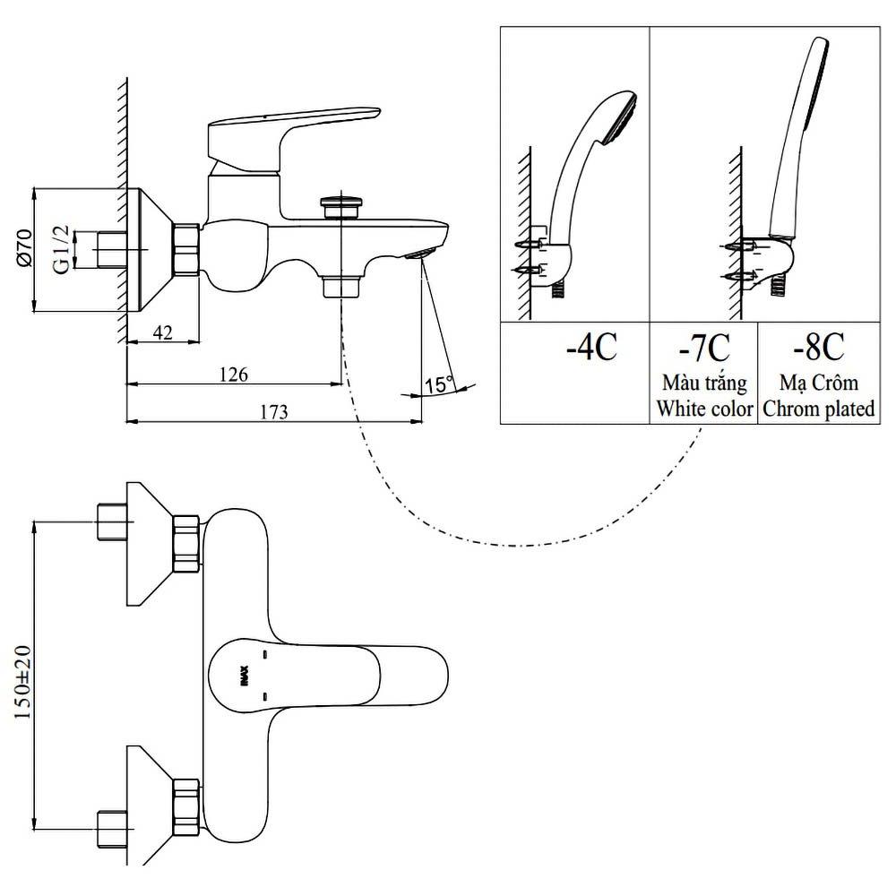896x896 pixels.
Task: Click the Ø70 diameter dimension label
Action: [25, 248]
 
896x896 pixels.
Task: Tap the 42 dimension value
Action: [162, 332]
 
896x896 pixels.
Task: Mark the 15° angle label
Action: [439, 385]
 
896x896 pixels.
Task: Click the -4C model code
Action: [591, 347]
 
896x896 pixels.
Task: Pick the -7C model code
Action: [703, 346]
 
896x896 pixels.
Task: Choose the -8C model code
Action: [819, 346]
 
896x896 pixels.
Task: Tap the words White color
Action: [704, 409]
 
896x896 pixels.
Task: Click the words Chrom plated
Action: [819, 409]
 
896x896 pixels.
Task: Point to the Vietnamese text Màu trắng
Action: [704, 384]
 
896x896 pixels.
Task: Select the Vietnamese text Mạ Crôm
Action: [819, 383]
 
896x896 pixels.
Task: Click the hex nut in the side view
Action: [185, 249]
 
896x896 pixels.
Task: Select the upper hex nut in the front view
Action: [185, 544]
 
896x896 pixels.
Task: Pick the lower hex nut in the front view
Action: [185, 805]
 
